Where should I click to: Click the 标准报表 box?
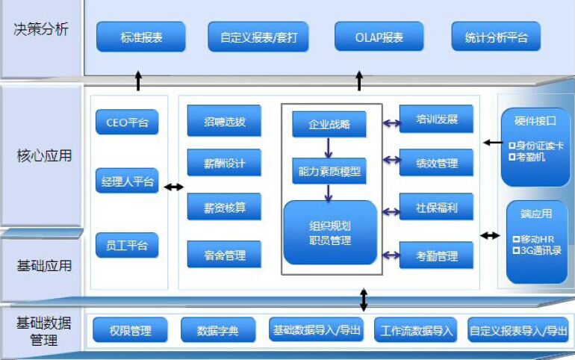(x=141, y=37)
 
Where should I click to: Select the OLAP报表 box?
(x=379, y=37)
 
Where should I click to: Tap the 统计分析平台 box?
(x=496, y=37)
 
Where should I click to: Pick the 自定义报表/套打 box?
(x=258, y=37)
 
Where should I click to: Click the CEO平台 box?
(x=127, y=122)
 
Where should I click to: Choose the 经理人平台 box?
(x=127, y=181)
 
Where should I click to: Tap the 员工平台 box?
(x=127, y=245)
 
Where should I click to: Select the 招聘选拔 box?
(x=225, y=121)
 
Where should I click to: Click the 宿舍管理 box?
(x=225, y=255)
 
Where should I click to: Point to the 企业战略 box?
(x=329, y=124)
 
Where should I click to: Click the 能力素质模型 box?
(x=329, y=171)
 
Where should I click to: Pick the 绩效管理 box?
(x=436, y=163)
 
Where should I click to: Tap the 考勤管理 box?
(x=436, y=255)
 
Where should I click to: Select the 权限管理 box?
(x=130, y=330)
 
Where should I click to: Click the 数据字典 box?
(x=218, y=330)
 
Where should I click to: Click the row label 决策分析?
(x=41, y=29)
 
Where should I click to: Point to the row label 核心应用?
(x=44, y=156)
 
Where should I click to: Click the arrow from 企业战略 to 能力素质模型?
(x=329, y=147)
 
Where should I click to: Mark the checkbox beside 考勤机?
(x=512, y=158)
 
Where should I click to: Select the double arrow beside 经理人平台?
(x=173, y=187)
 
